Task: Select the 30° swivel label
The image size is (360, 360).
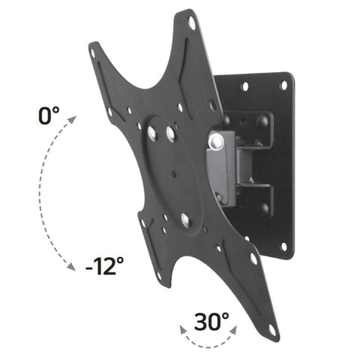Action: [211, 322]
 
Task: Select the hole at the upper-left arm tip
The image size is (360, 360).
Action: [94, 53]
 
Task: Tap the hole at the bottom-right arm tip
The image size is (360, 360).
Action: [271, 330]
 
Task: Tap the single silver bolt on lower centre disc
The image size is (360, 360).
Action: [184, 219]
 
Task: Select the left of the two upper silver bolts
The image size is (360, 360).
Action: [152, 132]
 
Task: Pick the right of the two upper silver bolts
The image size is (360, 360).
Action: [171, 136]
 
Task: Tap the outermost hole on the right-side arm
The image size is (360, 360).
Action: [253, 259]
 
